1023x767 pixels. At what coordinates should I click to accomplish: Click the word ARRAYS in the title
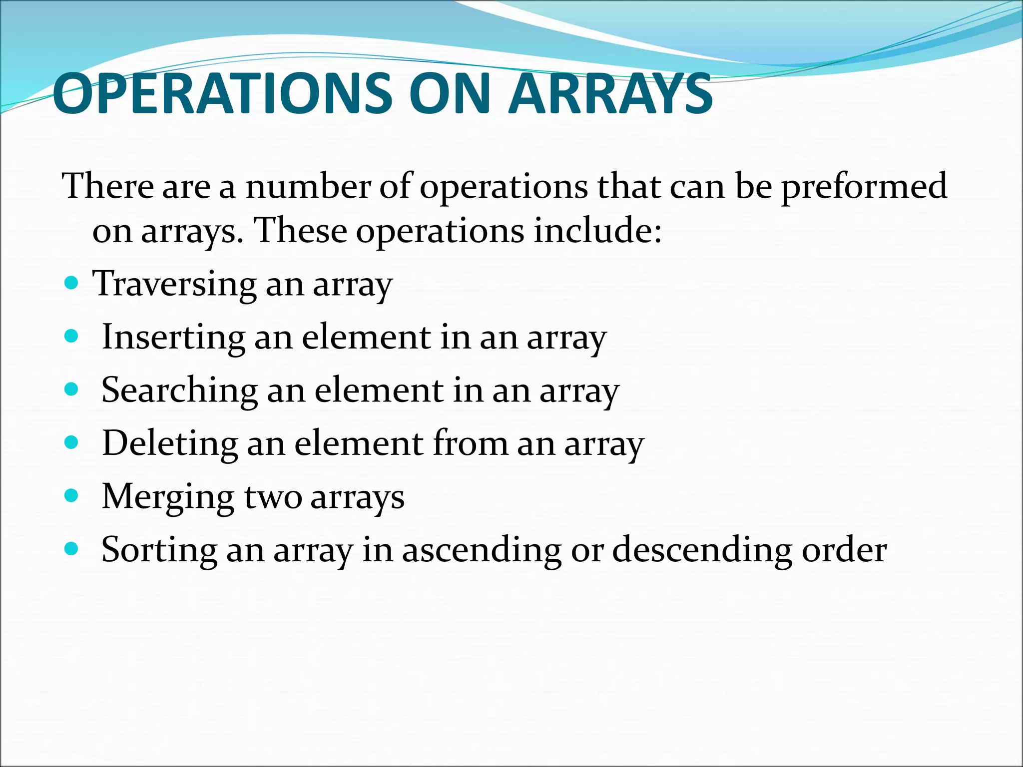(610, 94)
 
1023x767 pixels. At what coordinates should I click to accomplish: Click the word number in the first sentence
(308, 186)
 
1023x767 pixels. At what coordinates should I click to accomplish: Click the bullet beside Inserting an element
(72, 337)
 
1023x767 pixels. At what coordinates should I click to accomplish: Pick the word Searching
(179, 390)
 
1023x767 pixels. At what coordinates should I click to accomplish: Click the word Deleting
(170, 444)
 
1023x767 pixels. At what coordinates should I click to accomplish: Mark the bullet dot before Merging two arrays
(72, 496)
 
